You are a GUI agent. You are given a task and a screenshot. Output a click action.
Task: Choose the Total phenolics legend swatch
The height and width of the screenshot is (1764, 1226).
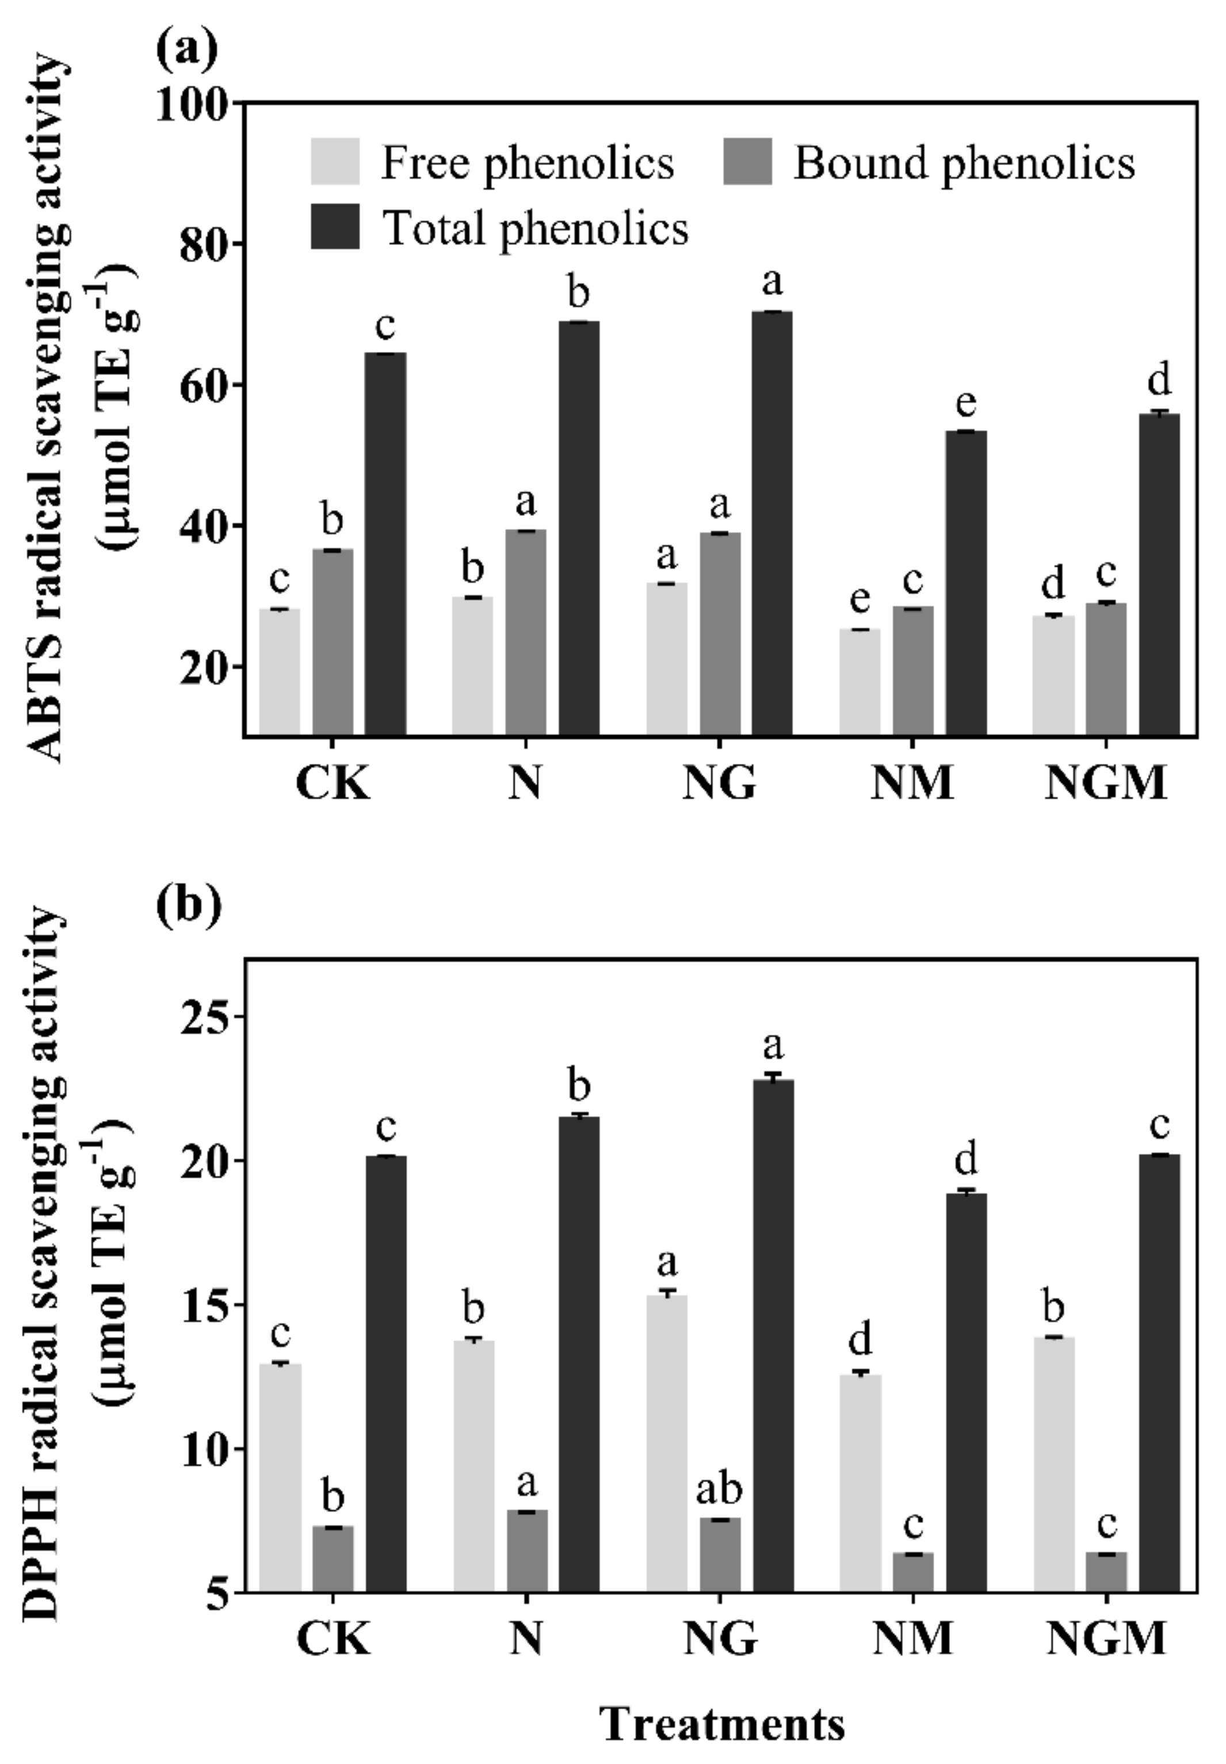[x=335, y=227]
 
